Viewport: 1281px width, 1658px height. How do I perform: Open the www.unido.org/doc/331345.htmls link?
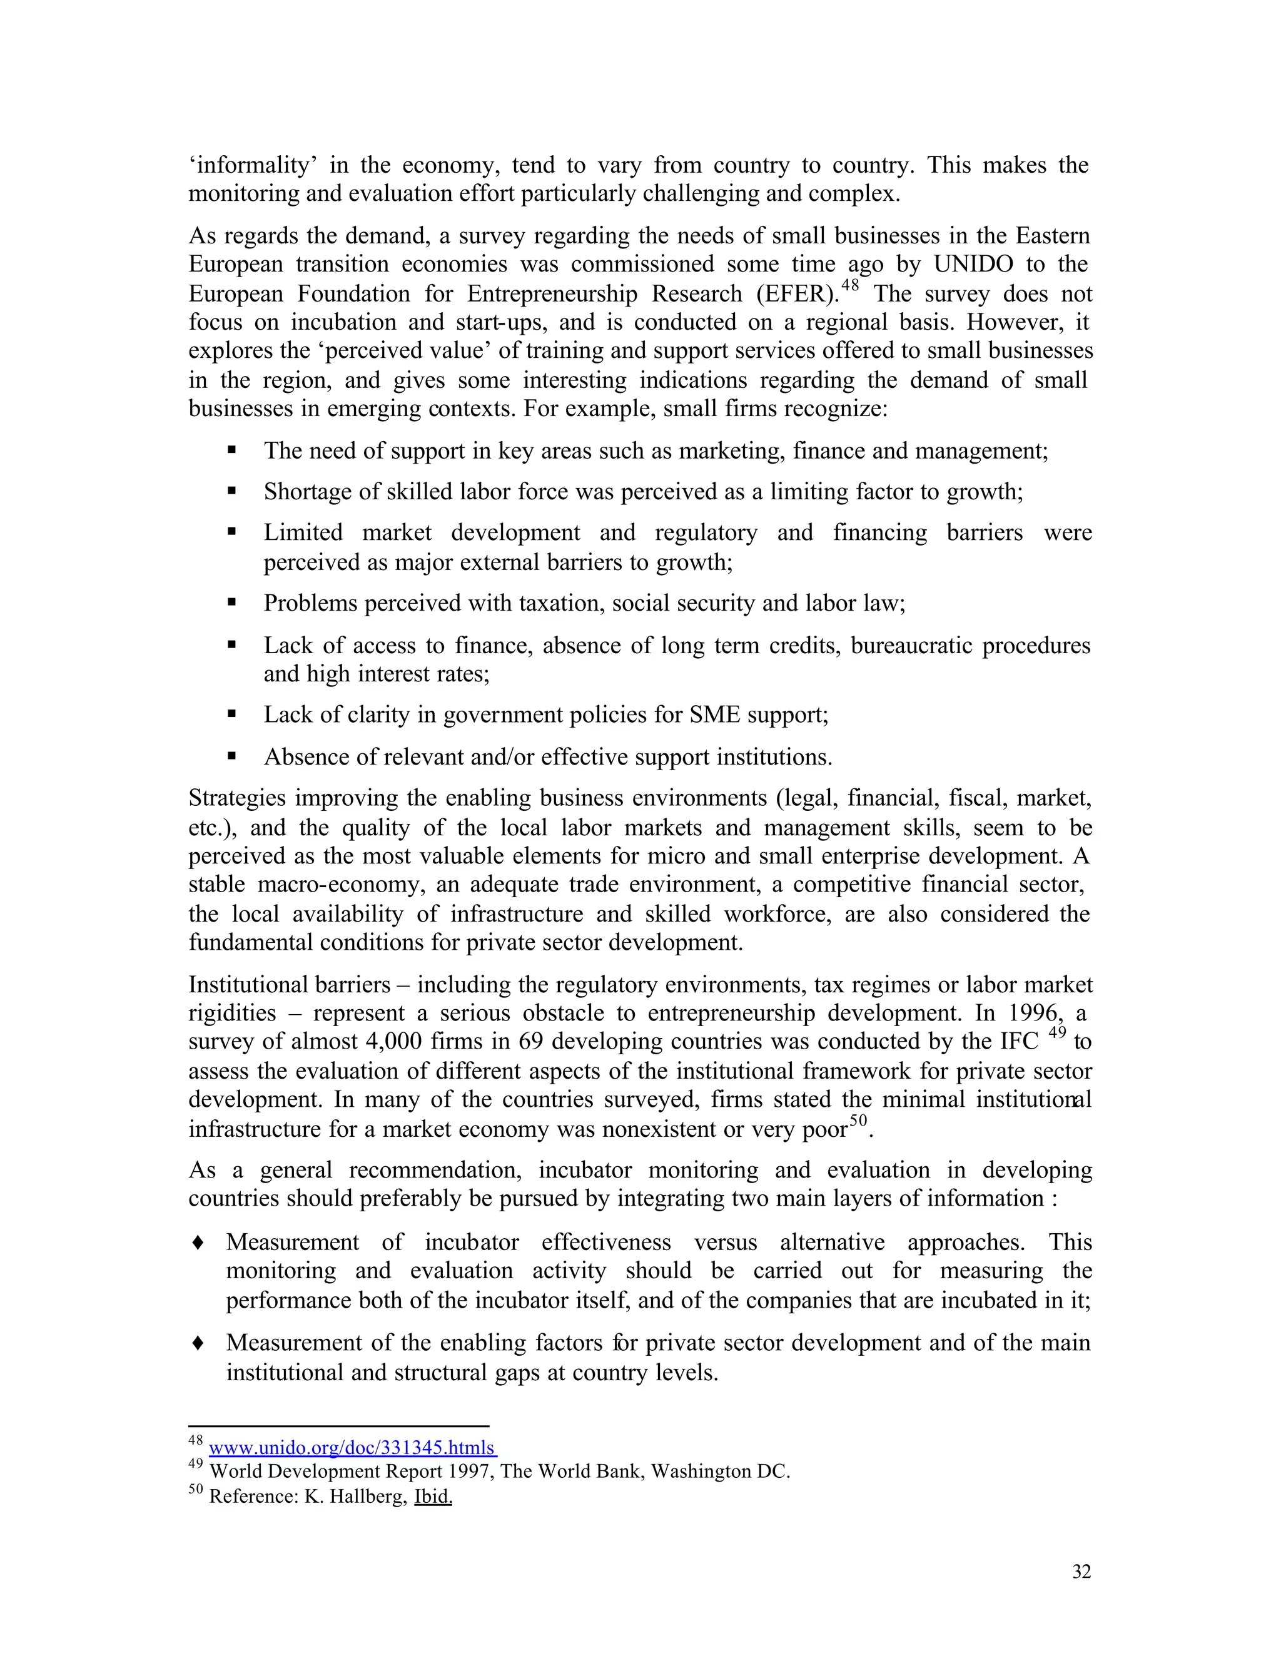[x=352, y=1448]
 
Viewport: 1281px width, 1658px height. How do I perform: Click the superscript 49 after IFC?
[x=1057, y=1032]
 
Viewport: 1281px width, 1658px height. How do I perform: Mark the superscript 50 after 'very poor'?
[x=858, y=1121]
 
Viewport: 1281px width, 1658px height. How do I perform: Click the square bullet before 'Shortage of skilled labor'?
[x=231, y=492]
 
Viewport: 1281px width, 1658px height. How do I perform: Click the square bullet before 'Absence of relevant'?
[x=231, y=757]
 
